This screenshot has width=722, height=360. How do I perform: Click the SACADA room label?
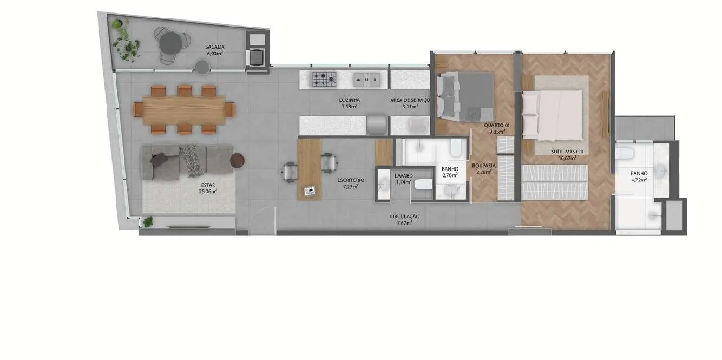tap(215, 47)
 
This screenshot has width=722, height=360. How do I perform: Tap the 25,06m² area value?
tap(208, 192)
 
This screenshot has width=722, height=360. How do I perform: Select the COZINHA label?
tap(349, 100)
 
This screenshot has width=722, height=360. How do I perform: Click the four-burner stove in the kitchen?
tap(324, 79)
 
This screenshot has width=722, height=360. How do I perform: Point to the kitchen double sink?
tap(366, 79)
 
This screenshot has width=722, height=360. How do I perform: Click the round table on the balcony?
tap(170, 43)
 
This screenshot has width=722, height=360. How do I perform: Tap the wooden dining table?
tap(184, 110)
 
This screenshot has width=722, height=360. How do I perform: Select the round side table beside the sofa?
tap(237, 160)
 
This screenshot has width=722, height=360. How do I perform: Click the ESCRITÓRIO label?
tap(351, 180)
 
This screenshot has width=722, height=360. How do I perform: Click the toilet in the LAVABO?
tap(423, 185)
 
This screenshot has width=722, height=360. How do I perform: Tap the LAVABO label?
tap(404, 176)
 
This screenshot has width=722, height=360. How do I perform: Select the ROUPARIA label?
tap(484, 166)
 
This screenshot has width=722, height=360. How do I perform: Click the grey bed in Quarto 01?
tap(465, 97)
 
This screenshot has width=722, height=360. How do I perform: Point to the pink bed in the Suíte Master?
tap(552, 115)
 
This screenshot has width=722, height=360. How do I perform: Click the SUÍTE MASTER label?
tap(567, 152)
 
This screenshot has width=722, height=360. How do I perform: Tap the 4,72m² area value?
tap(639, 180)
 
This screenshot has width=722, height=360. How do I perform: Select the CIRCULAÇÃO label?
tap(405, 217)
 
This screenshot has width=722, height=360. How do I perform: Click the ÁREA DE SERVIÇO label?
tap(410, 100)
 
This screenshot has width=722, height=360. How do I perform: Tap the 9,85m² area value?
tap(497, 132)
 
